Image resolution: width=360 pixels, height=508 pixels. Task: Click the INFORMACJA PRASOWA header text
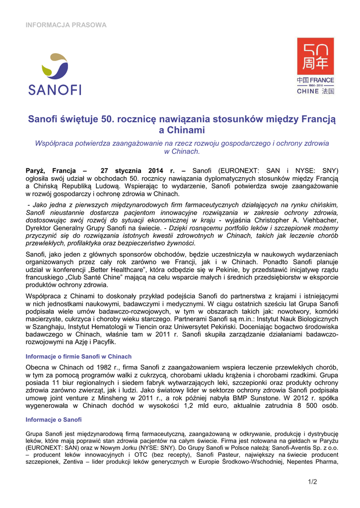66,25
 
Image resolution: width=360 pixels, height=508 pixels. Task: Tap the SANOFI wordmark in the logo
55,90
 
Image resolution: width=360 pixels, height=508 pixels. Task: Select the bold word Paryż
36,169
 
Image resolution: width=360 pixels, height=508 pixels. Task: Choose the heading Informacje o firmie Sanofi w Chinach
78,356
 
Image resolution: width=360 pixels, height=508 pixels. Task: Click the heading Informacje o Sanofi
53,420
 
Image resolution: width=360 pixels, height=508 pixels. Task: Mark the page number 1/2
312,482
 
